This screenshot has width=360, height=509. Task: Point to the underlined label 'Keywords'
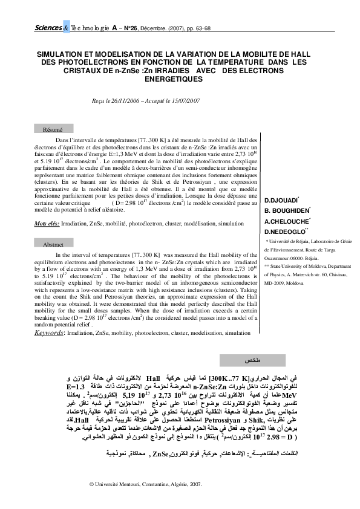[x=48, y=332]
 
